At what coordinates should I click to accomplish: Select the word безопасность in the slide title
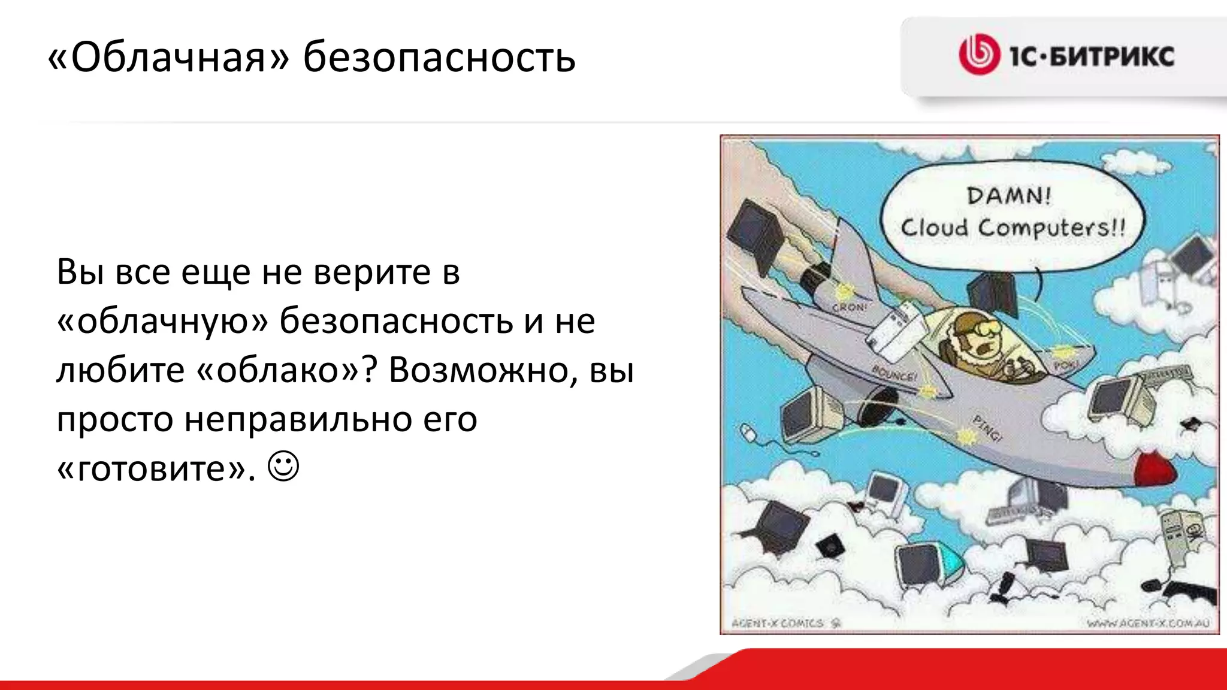pos(439,58)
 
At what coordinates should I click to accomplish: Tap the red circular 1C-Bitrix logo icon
pos(979,55)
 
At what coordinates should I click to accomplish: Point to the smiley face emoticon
pos(283,467)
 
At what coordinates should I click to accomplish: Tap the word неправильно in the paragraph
pos(298,419)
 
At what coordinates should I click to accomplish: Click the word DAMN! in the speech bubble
pos(1009,196)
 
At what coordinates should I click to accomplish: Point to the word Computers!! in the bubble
pos(1052,228)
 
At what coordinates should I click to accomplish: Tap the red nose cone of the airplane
pos(1156,471)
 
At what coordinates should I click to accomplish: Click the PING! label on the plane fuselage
pos(986,428)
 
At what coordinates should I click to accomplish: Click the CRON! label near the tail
pos(849,307)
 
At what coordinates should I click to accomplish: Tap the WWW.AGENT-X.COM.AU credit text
pos(1148,624)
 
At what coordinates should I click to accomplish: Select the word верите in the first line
pos(372,273)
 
